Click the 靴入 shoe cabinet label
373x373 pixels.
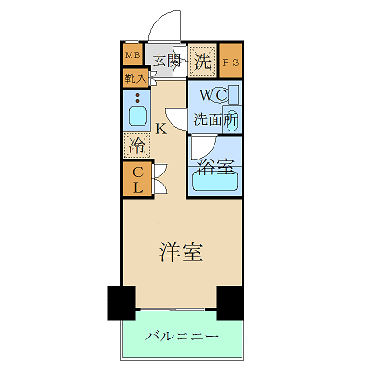click(134, 79)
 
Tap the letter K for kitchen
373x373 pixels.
click(161, 129)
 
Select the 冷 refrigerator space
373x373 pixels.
click(136, 145)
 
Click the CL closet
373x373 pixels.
click(136, 179)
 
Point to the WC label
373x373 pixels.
click(207, 95)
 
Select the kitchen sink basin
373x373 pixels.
click(136, 117)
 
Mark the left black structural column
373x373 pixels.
click(122, 301)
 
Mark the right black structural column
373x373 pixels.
click(230, 301)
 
